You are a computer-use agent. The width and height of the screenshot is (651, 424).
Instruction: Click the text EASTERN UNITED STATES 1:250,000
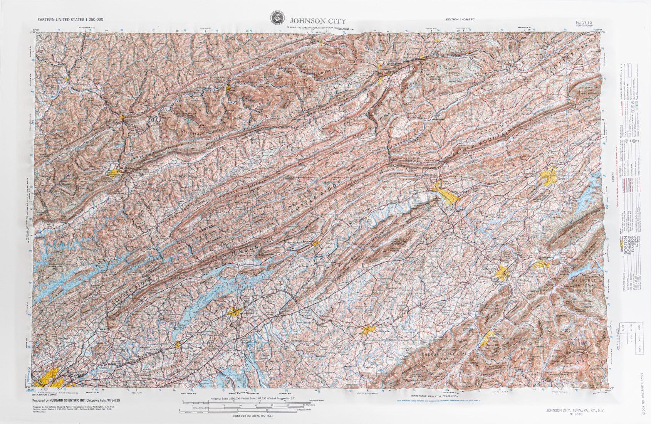(70, 19)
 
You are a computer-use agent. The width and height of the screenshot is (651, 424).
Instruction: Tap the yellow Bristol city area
(548, 176)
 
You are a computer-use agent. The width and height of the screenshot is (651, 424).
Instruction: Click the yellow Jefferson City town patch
(177, 344)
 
